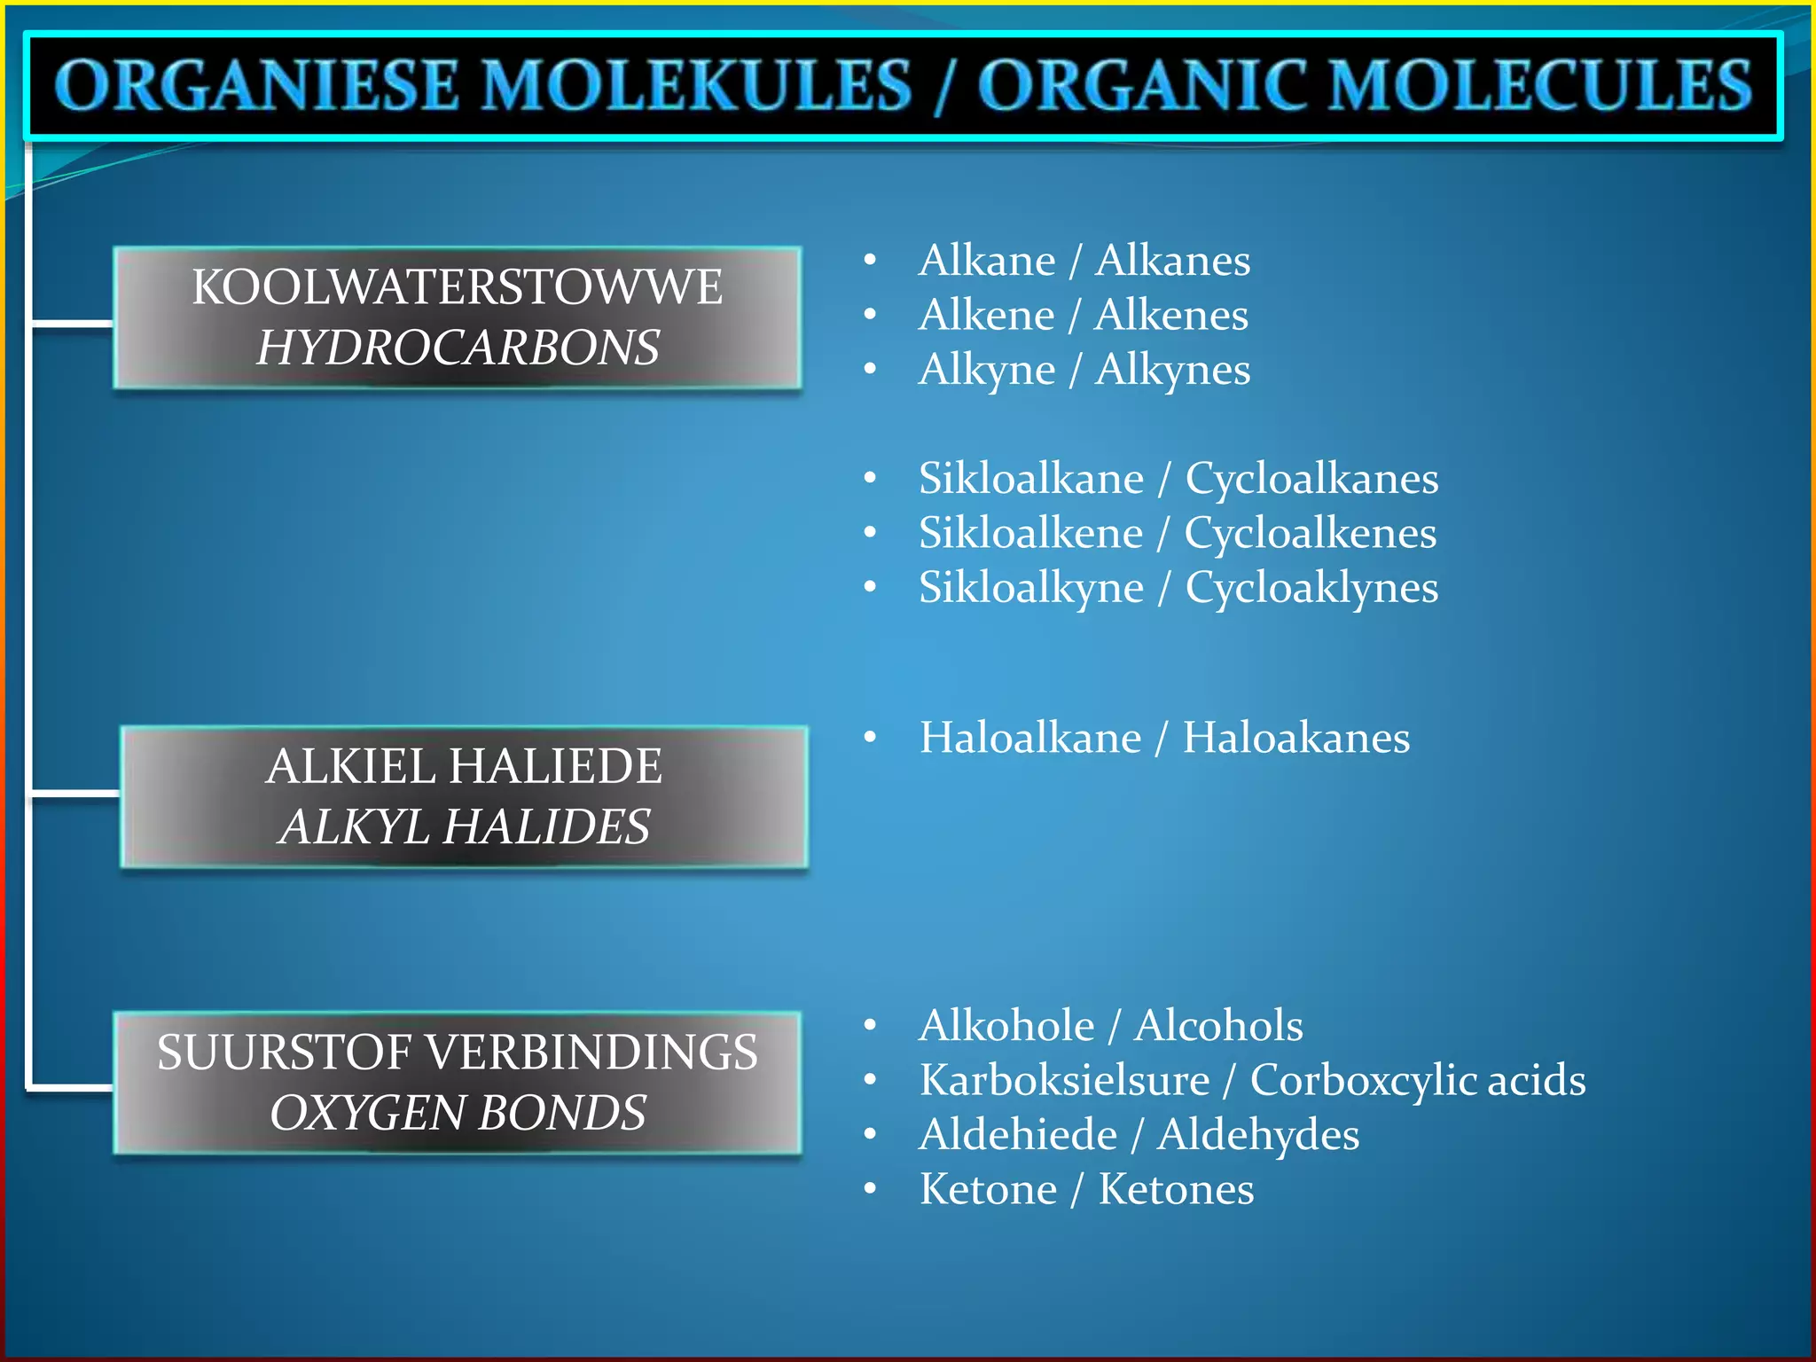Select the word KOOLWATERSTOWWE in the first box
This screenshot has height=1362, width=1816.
coord(458,287)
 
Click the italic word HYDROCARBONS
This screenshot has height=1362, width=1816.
coord(458,348)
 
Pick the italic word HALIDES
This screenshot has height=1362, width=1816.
coord(546,826)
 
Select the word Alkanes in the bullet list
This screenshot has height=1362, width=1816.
coord(1172,261)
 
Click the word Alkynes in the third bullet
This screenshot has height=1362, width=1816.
coord(1172,370)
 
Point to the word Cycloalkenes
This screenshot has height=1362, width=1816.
coord(1310,533)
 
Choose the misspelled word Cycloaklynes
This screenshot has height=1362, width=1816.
coord(1311,588)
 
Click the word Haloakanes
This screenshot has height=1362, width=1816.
coord(1295,738)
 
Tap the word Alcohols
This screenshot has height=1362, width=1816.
coord(1218,1026)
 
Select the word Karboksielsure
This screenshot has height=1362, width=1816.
coord(1064,1080)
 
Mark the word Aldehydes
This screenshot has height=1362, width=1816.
coord(1257,1135)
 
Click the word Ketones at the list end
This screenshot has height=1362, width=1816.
coord(1176,1189)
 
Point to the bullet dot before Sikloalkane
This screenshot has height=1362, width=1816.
coord(870,479)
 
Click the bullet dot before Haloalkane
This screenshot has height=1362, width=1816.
coord(870,738)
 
